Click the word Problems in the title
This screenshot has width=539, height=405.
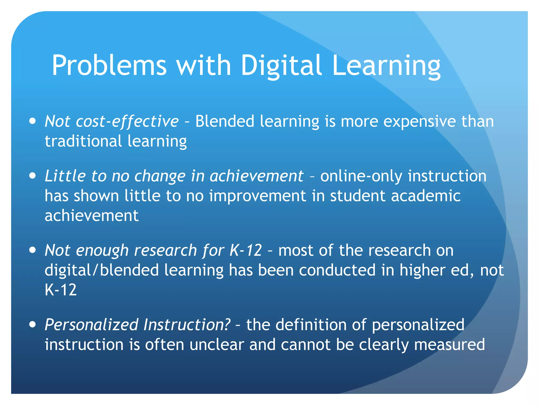[109, 65]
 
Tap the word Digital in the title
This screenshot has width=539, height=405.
[281, 65]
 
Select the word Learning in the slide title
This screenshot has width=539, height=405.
[386, 65]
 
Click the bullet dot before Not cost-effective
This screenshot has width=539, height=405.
[33, 121]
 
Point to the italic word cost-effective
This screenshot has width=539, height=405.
[127, 122]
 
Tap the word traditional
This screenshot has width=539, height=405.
[83, 141]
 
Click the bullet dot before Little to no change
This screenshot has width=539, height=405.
[33, 176]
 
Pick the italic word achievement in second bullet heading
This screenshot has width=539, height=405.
[257, 176]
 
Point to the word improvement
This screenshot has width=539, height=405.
[258, 196]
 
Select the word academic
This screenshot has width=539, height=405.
[426, 196]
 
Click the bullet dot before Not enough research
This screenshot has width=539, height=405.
[33, 250]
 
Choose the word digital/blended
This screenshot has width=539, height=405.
[102, 270]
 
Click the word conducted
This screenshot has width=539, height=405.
[337, 270]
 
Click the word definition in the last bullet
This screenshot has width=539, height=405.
[311, 325]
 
